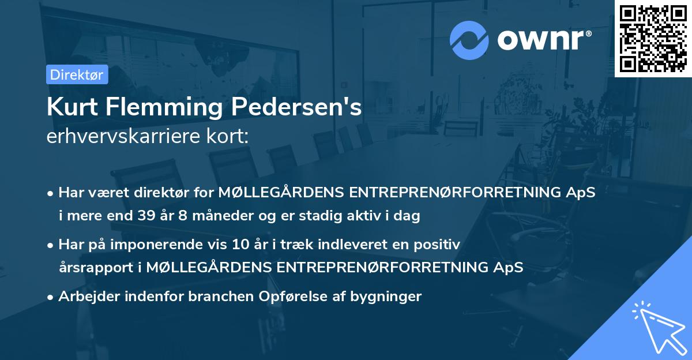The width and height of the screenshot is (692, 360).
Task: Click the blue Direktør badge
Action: click(x=77, y=74)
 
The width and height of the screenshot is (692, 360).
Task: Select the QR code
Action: click(x=653, y=39)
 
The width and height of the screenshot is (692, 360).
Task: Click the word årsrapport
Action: click(x=99, y=267)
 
